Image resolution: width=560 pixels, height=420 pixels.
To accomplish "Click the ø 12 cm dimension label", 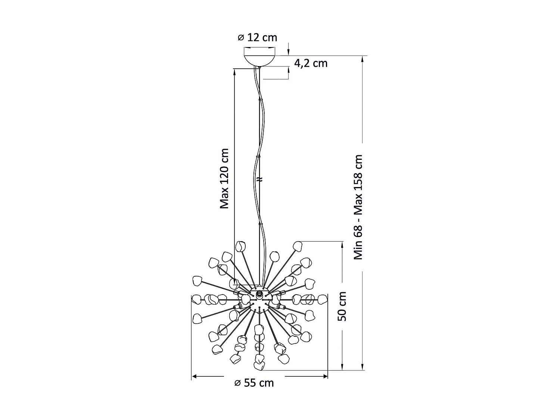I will pos(258,37).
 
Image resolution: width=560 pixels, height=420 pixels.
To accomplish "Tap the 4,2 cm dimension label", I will pos(311,63).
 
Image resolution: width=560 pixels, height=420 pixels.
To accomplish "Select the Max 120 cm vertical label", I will pos(224,178).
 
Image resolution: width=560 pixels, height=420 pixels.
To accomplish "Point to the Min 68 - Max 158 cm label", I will pos(358,207).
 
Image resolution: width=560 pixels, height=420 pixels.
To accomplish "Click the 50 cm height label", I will pos(342,306).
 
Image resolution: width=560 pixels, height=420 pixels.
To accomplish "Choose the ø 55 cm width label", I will pos(254,383).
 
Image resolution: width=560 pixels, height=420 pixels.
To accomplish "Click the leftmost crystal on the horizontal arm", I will pos(196,299).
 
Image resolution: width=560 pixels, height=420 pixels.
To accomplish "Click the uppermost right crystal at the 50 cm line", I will pos(298,246).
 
